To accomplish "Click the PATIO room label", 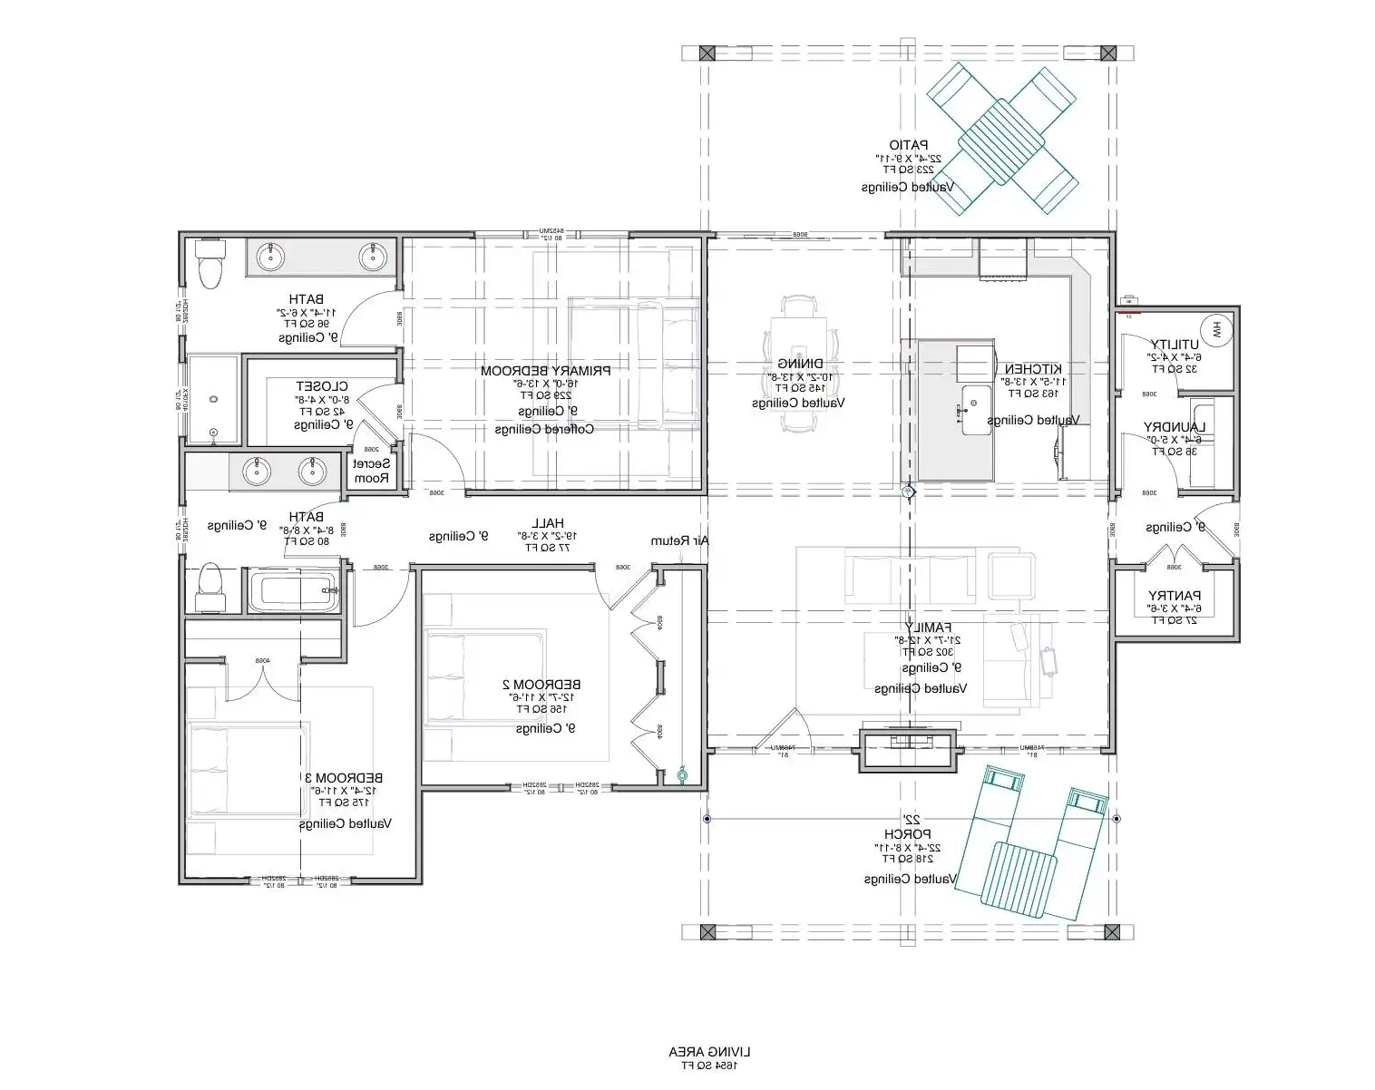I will (x=908, y=145).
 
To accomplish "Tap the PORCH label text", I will (x=907, y=834).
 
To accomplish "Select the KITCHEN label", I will (x=1032, y=369).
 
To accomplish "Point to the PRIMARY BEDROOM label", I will (x=545, y=371).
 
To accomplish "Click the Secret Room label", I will (x=371, y=471).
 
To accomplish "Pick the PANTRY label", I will (x=1175, y=596).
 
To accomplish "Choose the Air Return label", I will (x=679, y=541).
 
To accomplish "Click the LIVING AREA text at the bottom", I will (x=710, y=1052).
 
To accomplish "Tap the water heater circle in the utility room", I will (x=1215, y=330).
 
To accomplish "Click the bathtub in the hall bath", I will (x=292, y=591).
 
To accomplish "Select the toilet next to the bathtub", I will (x=210, y=589).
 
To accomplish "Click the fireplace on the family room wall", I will (x=907, y=749).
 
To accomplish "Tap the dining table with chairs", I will (x=799, y=360).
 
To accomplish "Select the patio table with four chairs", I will (x=1002, y=139).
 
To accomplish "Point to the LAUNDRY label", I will (x=1175, y=427).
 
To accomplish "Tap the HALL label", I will (x=547, y=523).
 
